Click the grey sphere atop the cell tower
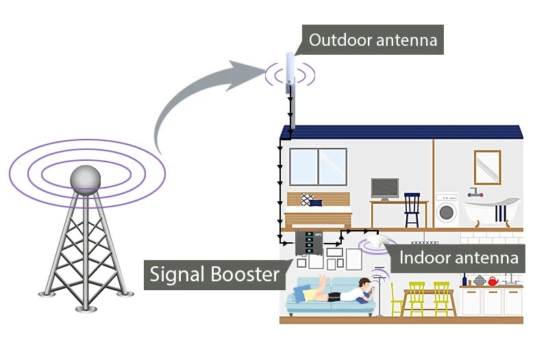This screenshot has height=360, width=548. [x=86, y=177]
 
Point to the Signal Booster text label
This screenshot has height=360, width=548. [x=216, y=274]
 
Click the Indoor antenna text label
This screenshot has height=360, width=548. [x=458, y=258]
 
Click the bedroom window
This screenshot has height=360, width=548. [x=318, y=166]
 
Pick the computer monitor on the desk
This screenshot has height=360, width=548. [x=384, y=188]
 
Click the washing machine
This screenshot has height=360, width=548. [x=447, y=211]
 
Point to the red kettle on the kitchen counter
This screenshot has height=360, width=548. [x=492, y=281]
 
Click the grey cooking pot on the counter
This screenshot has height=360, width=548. [x=479, y=281]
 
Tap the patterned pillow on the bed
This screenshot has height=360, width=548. [x=308, y=198]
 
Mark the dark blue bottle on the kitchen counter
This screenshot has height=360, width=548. [x=464, y=279]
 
